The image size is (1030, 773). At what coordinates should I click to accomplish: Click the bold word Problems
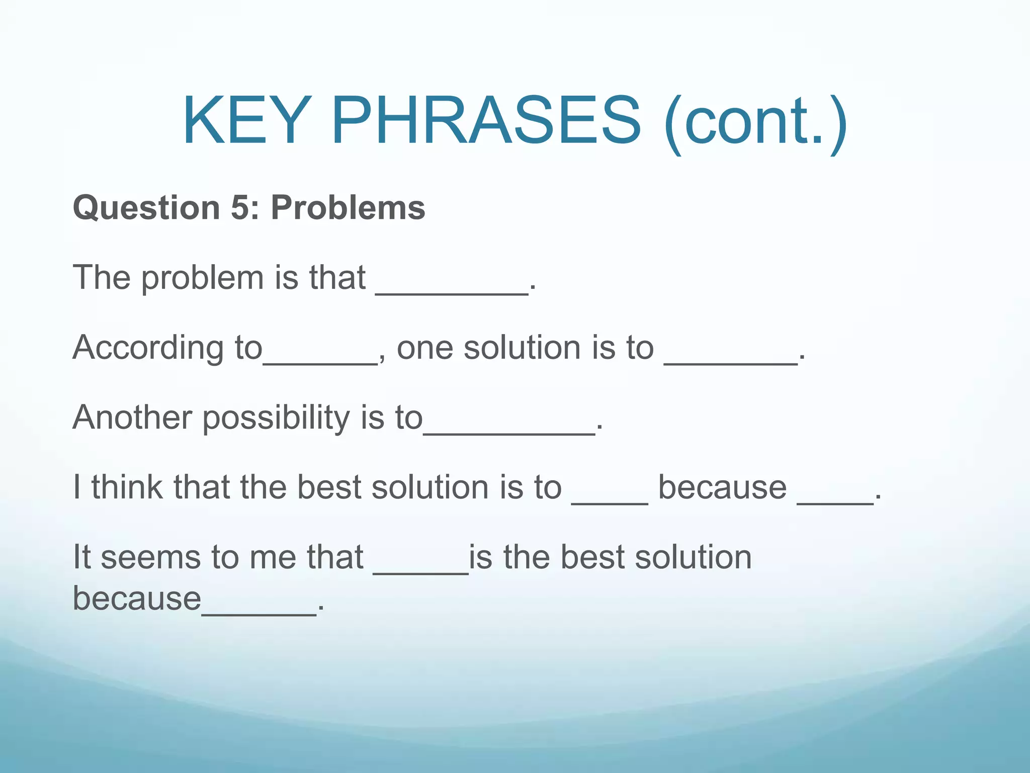coord(348,208)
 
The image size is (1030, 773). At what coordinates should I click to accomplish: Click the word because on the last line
coord(137,598)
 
